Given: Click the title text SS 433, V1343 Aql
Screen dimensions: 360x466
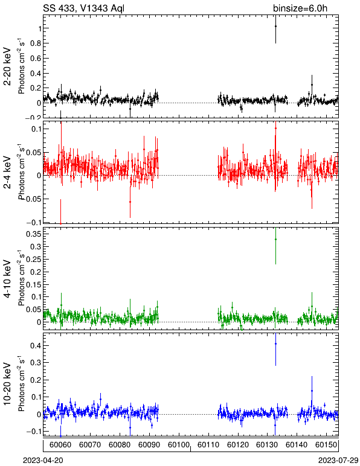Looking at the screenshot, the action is pyautogui.click(x=83, y=8).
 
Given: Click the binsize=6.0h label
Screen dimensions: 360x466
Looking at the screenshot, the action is pyautogui.click(x=300, y=8).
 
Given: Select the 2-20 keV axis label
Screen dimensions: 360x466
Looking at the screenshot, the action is pyautogui.click(x=7, y=66).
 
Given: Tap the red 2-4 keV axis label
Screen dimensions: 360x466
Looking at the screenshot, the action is pyautogui.click(x=7, y=173).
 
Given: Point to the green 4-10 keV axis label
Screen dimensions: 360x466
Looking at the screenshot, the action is pyautogui.click(x=7, y=279).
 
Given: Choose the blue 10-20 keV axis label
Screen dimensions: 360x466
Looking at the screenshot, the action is pyautogui.click(x=7, y=384).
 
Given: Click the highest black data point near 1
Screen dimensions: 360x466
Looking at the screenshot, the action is pyautogui.click(x=275, y=26).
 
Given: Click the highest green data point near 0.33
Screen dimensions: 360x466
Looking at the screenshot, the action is pyautogui.click(x=275, y=239).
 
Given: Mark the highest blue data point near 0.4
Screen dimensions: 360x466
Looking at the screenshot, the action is pyautogui.click(x=275, y=343).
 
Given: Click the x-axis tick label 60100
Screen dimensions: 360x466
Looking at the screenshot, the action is pyautogui.click(x=179, y=445).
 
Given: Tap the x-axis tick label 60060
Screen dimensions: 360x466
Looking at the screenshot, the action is pyautogui.click(x=60, y=445).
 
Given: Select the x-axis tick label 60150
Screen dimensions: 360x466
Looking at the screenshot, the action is pyautogui.click(x=326, y=445).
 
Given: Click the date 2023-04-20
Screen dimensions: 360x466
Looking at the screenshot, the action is pyautogui.click(x=43, y=461).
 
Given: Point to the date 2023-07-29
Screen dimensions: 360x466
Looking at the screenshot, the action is pyautogui.click(x=338, y=461).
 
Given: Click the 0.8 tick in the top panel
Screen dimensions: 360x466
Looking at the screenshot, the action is pyautogui.click(x=35, y=43).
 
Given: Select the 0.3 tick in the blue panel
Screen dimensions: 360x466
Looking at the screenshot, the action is pyautogui.click(x=35, y=363).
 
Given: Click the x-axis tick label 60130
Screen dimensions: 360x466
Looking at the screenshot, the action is pyautogui.click(x=267, y=445).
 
